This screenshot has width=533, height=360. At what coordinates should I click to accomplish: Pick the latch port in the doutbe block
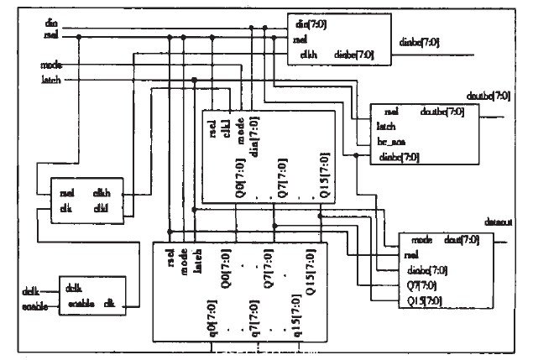[387, 127]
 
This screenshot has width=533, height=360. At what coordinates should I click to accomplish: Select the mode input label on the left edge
[51, 64]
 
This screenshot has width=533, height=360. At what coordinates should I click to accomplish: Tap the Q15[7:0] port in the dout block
[424, 300]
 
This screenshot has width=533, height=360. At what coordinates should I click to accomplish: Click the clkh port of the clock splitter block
[102, 192]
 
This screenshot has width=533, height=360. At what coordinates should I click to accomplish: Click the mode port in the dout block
[421, 240]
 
